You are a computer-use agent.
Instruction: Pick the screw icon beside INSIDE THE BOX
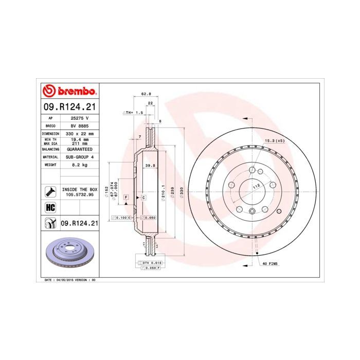(50, 192)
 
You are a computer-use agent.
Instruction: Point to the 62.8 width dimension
(146, 94)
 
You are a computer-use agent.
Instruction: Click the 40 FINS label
(269, 263)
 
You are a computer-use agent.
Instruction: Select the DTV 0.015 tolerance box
(149, 263)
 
